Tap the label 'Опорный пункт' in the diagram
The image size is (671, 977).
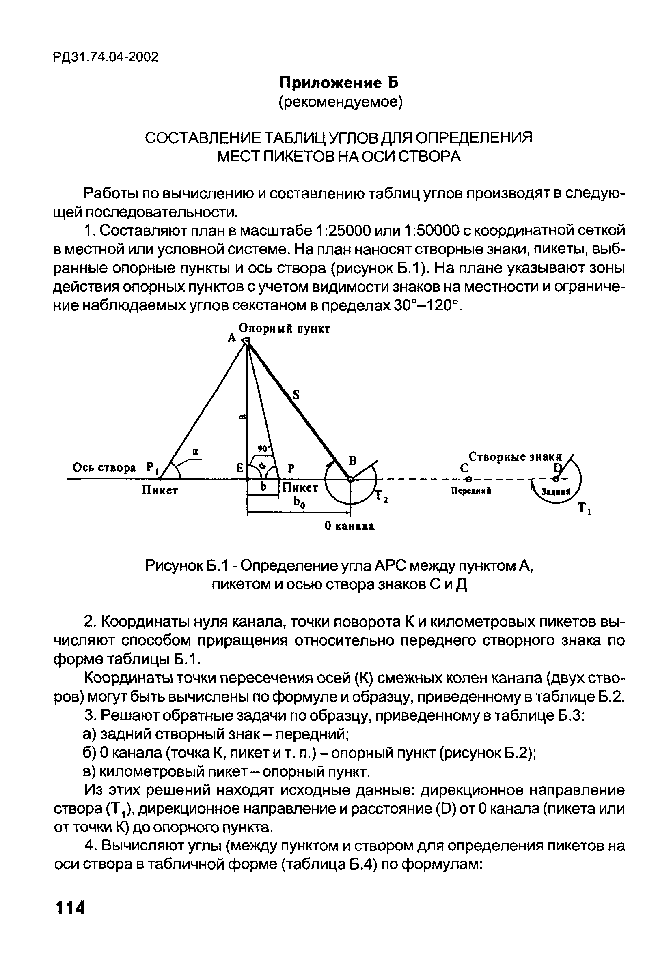pos(285,329)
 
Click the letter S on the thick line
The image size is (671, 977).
pos(296,395)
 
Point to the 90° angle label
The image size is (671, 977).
pos(263,449)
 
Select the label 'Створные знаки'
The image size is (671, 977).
pos(516,457)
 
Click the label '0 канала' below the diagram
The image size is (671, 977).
pos(350,526)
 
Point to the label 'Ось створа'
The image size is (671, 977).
pos(104,468)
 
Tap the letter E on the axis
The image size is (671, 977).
pos(239,468)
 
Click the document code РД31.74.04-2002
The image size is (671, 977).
pos(106,57)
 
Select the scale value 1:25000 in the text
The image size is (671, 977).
pos(343,230)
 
